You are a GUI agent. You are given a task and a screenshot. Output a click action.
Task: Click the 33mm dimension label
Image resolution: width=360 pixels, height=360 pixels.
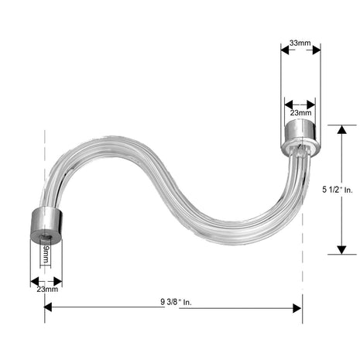[300, 43]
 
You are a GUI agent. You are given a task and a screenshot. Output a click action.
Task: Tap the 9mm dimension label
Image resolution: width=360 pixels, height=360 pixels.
[46, 254]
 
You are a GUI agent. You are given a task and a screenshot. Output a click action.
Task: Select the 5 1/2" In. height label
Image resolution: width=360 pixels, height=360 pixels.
[338, 190]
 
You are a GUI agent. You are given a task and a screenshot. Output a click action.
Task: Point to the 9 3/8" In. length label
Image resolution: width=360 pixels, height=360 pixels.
[176, 302]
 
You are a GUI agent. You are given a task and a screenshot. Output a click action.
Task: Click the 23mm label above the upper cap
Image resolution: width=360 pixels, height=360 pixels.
[300, 113]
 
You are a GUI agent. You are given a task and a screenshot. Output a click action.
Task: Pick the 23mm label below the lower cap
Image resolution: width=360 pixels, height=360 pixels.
[47, 289]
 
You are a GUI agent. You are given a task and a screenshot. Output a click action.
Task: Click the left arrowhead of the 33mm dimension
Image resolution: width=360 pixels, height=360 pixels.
[285, 50]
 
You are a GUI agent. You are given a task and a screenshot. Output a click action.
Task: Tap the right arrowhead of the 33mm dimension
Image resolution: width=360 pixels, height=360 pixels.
[317, 50]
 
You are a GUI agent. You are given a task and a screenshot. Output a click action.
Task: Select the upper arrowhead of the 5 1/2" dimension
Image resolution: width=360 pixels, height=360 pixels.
[342, 129]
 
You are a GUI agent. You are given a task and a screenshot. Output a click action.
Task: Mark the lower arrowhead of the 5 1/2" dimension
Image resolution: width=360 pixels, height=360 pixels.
[342, 250]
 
